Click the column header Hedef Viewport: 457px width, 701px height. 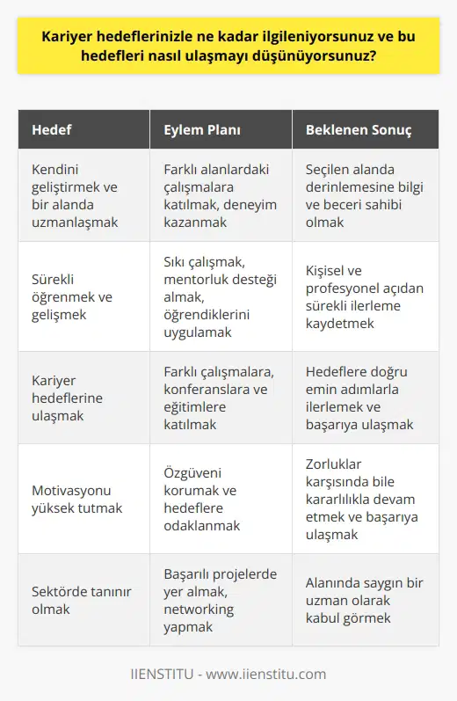52,130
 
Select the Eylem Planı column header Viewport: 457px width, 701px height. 201,130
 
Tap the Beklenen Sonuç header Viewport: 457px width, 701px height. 359,130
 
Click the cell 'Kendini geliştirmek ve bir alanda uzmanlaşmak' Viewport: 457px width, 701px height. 78,193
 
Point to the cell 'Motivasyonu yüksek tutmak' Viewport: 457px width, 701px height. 78,498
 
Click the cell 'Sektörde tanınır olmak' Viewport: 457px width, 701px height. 78,599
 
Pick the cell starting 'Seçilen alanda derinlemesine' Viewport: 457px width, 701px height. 366,193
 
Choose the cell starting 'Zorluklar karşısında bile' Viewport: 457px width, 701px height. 366,498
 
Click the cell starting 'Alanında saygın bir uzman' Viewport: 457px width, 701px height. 366,599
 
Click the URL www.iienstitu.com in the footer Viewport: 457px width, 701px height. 269,675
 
